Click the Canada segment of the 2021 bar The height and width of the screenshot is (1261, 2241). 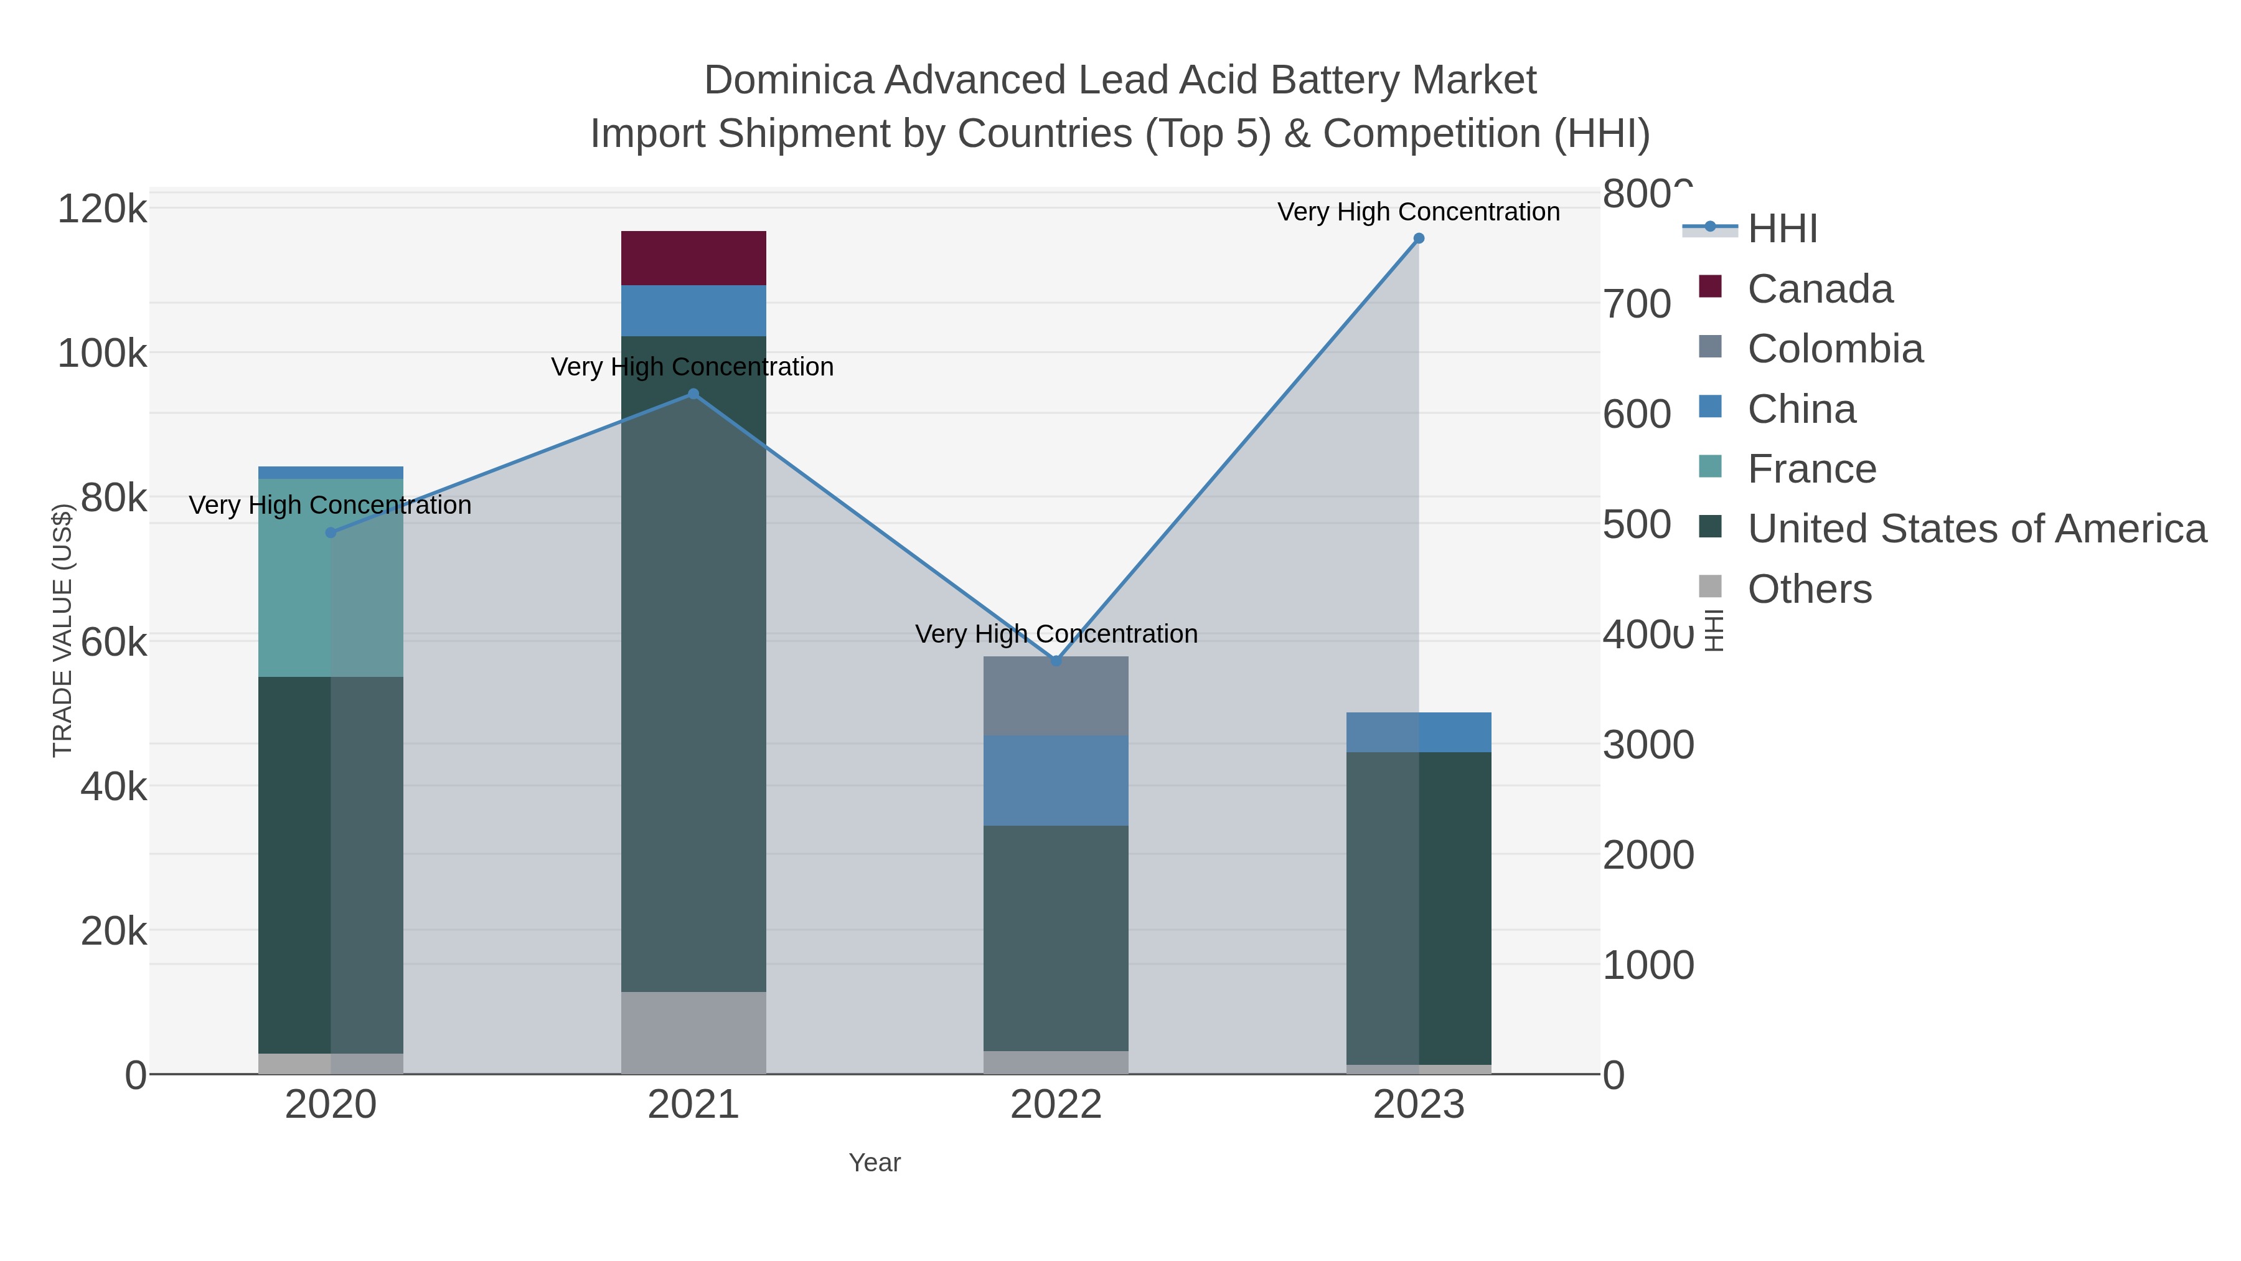693,258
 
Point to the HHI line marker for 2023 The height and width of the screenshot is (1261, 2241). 1418,239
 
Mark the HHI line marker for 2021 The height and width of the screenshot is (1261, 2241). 693,394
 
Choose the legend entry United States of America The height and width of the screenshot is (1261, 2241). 1976,529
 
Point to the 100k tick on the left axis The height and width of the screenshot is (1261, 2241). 102,354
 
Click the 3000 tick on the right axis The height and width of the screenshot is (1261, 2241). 1648,745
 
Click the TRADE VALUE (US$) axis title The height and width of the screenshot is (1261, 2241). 63,630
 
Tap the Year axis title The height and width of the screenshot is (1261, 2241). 875,1163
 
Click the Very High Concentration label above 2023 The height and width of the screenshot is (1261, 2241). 1418,212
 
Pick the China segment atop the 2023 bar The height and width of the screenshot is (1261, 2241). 1418,732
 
